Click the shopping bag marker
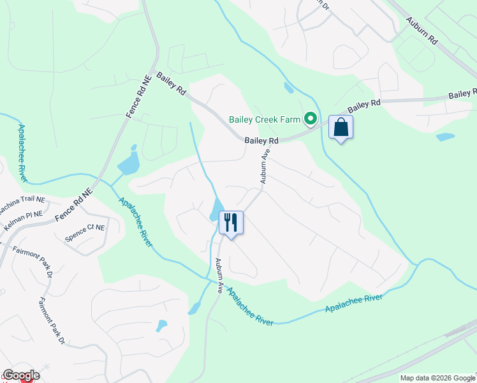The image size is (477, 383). coord(341,127)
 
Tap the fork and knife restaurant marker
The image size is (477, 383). coord(231,223)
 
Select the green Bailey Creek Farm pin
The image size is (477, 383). coord(311,119)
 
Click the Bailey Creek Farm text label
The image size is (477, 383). coord(265,119)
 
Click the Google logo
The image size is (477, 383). coord(20,375)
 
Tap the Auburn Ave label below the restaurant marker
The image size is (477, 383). coord(219,275)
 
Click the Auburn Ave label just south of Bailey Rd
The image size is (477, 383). coord(265,167)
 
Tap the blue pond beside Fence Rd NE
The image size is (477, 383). coord(129,163)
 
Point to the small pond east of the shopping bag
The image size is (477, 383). coord(445,137)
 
